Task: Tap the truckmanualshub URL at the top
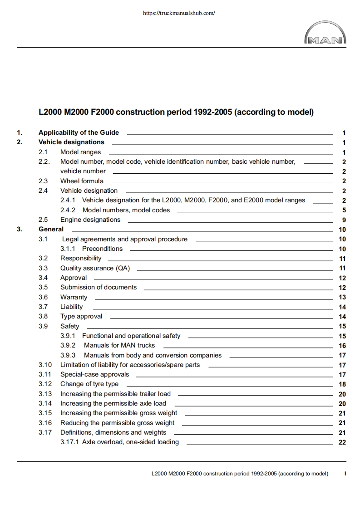point(178,13)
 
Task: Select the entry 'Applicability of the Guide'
point(79,132)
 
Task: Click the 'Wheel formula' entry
point(82,181)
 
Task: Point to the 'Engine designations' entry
point(90,220)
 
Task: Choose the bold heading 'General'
point(51,229)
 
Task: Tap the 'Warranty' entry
point(74,297)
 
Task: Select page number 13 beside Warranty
point(342,297)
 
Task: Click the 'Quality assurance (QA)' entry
point(95,268)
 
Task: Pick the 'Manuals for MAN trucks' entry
point(119,345)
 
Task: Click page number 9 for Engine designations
point(344,220)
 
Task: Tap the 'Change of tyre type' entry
point(89,384)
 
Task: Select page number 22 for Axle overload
point(342,442)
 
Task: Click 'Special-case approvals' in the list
point(94,374)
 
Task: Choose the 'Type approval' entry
point(81,316)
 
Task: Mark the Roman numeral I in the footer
point(345,474)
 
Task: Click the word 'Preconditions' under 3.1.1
point(102,249)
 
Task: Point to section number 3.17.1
point(69,442)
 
